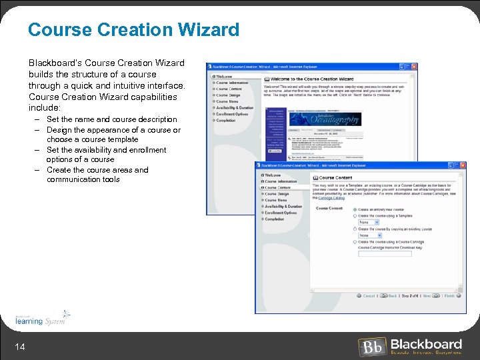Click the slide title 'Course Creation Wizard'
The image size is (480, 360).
133,30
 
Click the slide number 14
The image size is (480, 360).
21,346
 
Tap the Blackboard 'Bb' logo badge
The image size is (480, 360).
371,347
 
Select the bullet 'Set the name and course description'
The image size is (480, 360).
111,119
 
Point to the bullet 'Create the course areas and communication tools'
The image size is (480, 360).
97,175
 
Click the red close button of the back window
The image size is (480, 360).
414,67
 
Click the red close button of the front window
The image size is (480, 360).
461,165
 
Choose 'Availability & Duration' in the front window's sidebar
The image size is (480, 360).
283,207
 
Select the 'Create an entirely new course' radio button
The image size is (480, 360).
355,209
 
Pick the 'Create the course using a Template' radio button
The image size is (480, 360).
355,216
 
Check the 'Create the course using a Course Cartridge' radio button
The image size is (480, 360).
355,242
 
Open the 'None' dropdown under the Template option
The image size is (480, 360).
369,223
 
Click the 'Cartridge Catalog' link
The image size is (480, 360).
331,198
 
